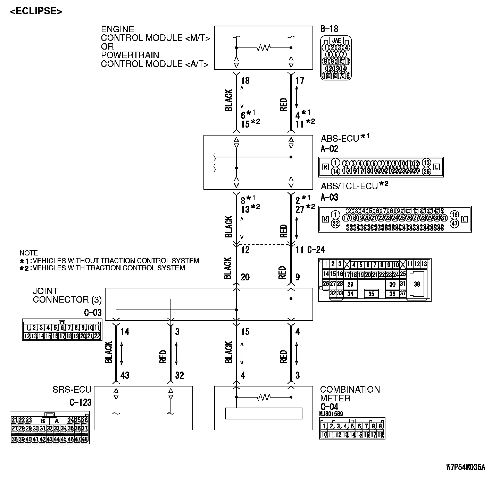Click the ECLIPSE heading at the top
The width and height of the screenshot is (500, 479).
pos(36,11)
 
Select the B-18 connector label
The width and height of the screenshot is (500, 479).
pos(329,29)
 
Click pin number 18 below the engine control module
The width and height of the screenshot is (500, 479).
pos(245,81)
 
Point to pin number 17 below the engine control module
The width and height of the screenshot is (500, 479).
pos(300,81)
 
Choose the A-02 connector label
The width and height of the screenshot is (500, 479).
pos(329,149)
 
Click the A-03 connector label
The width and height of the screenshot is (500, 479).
pos(329,198)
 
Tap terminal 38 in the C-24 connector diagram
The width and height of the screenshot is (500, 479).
pos(417,284)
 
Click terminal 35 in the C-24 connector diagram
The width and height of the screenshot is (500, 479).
pos(371,294)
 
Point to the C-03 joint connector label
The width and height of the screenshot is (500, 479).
pos(93,313)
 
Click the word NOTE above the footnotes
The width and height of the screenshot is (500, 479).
pos(28,253)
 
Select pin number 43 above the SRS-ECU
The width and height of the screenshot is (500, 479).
pos(125,375)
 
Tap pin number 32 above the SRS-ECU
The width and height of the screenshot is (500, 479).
pos(179,375)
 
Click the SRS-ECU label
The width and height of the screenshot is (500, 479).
pos(72,390)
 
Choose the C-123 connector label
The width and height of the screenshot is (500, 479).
pos(80,402)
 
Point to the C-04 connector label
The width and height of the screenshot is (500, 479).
pos(329,407)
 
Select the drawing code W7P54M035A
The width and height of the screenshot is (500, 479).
pos(465,467)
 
